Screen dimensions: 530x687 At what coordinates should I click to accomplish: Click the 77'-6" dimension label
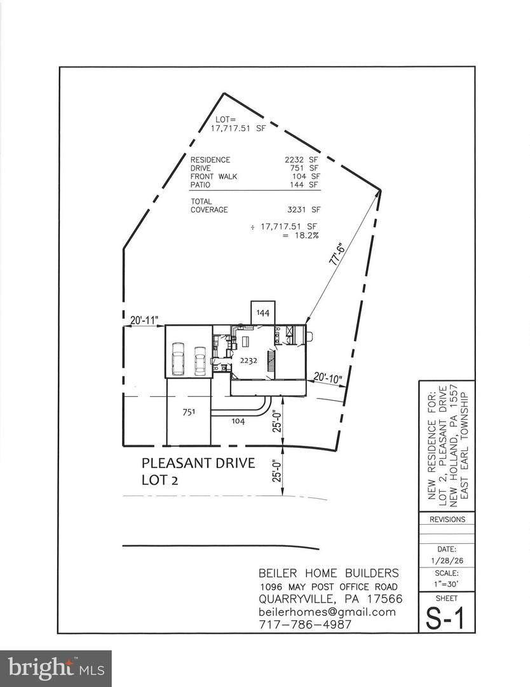pyautogui.click(x=337, y=256)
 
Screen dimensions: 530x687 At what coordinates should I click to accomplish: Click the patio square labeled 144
pyautogui.click(x=262, y=313)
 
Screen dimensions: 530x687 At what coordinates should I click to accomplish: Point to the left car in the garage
pyautogui.click(x=179, y=358)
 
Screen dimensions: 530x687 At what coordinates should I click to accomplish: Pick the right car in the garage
pyautogui.click(x=200, y=361)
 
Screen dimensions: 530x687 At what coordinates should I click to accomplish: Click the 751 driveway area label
pyautogui.click(x=189, y=412)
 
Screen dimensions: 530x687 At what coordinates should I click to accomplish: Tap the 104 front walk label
pyautogui.click(x=238, y=422)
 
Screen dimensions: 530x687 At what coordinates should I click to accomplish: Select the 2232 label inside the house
pyautogui.click(x=248, y=361)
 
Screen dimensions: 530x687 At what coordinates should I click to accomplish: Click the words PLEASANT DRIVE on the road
pyautogui.click(x=198, y=463)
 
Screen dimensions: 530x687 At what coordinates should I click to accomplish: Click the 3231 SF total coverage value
pyautogui.click(x=302, y=210)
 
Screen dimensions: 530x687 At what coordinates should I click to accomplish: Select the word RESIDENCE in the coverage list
pyautogui.click(x=210, y=160)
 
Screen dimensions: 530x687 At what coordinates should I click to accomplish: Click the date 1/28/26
pyautogui.click(x=446, y=561)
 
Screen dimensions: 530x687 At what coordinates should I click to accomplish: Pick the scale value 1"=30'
pyautogui.click(x=446, y=583)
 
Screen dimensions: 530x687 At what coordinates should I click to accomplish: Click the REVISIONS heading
pyautogui.click(x=447, y=520)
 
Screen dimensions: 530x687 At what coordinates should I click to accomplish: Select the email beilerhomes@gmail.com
pyautogui.click(x=327, y=612)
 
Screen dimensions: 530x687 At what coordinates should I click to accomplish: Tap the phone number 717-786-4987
pyautogui.click(x=306, y=625)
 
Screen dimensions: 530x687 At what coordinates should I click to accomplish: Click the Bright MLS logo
pyautogui.click(x=56, y=669)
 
